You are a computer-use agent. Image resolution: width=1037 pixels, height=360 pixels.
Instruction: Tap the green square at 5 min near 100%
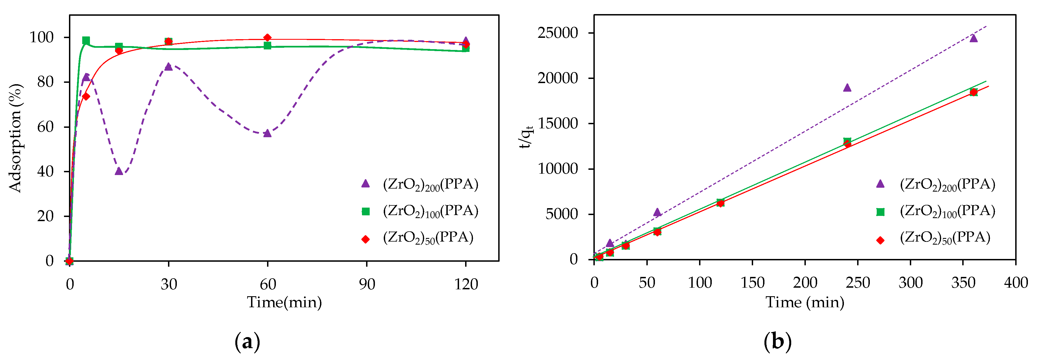(x=86, y=40)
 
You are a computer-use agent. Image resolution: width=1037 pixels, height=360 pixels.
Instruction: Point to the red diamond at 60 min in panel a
(x=267, y=38)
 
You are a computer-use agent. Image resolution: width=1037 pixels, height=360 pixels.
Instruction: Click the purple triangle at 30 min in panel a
(x=168, y=67)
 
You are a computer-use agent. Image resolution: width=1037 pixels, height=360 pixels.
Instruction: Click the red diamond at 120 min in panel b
(x=720, y=203)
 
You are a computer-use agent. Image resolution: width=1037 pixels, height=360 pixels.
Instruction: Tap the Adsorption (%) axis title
(x=15, y=138)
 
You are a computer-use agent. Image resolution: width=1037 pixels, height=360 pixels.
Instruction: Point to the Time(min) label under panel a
(x=284, y=302)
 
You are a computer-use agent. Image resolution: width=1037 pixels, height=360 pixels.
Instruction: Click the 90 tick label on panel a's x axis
(x=367, y=284)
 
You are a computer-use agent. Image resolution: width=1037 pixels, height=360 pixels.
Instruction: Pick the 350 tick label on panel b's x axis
(x=963, y=283)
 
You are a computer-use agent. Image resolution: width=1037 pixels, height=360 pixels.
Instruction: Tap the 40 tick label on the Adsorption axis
(x=45, y=171)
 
